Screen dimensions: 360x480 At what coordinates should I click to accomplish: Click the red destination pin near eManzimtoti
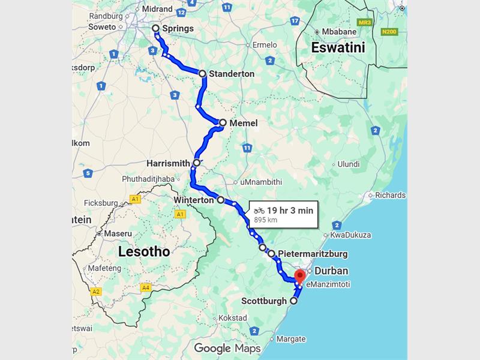pos(300,277)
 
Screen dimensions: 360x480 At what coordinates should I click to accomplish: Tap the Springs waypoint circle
pos(155,28)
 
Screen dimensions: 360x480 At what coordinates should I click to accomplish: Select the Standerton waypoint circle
pos(203,74)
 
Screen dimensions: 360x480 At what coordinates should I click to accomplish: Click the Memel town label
pos(243,123)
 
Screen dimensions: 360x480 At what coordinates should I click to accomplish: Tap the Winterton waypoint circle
pos(221,200)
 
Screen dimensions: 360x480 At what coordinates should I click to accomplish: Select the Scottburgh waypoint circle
pos(294,301)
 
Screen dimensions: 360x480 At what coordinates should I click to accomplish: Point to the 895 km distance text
pos(266,220)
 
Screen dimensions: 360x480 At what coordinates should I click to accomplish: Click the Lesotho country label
pos(144,251)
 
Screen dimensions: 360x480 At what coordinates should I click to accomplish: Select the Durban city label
pos(331,271)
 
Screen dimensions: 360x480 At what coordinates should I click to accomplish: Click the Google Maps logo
pos(227,349)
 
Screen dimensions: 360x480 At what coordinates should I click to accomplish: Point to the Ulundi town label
pos(349,164)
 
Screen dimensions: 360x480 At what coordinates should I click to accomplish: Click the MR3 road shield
pos(364,22)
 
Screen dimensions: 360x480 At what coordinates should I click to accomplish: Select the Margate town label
pos(290,339)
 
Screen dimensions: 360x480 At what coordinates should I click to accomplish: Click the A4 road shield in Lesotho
pos(145,288)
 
